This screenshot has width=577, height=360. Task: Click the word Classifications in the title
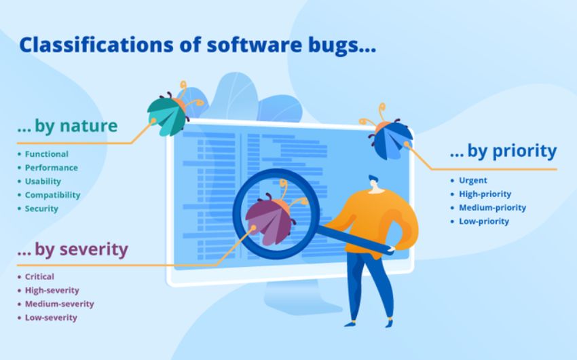(x=96, y=45)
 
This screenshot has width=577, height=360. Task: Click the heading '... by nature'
(x=67, y=126)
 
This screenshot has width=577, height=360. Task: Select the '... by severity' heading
(x=73, y=249)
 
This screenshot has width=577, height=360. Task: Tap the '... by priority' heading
(x=503, y=151)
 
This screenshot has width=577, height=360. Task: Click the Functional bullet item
(x=46, y=154)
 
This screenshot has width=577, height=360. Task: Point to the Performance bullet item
(x=51, y=168)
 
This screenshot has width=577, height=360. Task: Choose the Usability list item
(x=43, y=181)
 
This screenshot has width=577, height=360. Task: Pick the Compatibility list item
(x=52, y=195)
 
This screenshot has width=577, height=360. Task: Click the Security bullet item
(x=41, y=209)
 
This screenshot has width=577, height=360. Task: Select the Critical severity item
(x=39, y=276)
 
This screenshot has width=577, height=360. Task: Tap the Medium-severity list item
(x=59, y=304)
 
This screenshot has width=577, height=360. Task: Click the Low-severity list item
(x=51, y=318)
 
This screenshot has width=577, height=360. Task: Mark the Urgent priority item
(x=473, y=181)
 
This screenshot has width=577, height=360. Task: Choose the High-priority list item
(x=485, y=194)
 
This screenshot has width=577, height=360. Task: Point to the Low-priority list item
(x=484, y=221)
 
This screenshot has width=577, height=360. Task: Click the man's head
(x=374, y=184)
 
